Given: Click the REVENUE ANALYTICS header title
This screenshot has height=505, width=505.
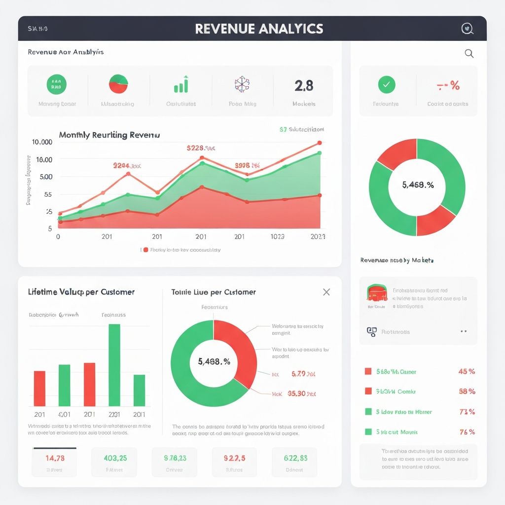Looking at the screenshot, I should tap(259, 29).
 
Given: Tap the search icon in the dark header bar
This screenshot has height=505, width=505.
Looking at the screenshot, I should tap(467, 29).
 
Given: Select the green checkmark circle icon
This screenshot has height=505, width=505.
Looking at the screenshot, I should tap(386, 85).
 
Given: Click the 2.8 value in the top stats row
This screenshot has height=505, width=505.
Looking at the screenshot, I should tap(304, 86).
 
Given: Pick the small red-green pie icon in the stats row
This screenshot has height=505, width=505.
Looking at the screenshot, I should tap(118, 84).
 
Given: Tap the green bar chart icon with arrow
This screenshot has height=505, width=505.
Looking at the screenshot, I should tap(181, 85).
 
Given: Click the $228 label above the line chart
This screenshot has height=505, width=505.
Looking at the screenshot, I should tap(200, 147).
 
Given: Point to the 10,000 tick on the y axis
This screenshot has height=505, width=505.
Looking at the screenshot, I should tap(42, 142).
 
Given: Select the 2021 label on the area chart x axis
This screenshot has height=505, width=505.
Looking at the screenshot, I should tap(318, 237).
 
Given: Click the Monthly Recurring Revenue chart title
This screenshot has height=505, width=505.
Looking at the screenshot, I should tap(109, 135).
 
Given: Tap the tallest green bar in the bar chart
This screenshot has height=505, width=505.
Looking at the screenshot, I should tap(114, 364).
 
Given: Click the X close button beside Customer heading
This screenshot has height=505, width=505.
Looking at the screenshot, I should tap(326, 292).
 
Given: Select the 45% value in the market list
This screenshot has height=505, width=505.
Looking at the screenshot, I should tap(466, 371).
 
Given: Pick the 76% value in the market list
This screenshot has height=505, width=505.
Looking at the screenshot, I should tap(466, 432).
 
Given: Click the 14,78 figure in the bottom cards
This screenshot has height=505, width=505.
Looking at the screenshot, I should tap(55, 458).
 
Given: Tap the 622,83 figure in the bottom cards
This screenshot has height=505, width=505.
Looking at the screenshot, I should tap(295, 458).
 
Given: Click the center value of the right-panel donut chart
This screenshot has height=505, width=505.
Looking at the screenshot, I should tap(417, 185).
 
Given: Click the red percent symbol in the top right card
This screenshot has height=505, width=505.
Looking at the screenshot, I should tap(454, 86).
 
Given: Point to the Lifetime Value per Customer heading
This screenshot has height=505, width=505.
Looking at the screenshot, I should tap(81, 292).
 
